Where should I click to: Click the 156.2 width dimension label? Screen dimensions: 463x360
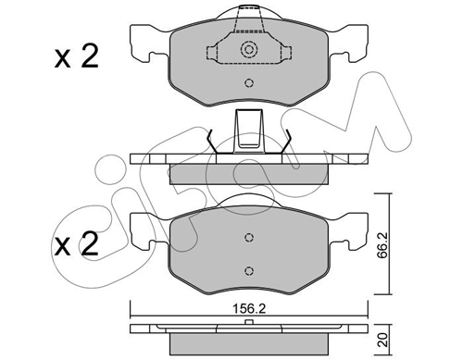(249, 309)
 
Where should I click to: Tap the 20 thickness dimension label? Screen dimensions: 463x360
(382, 340)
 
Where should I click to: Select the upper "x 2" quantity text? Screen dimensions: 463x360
(76, 56)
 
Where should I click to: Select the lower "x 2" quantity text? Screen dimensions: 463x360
(76, 243)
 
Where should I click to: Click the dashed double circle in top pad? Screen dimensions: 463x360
(249, 49)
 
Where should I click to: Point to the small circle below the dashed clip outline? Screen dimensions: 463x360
(249, 83)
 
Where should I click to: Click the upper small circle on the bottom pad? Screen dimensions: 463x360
(249, 237)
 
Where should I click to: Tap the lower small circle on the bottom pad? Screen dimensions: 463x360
(249, 271)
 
